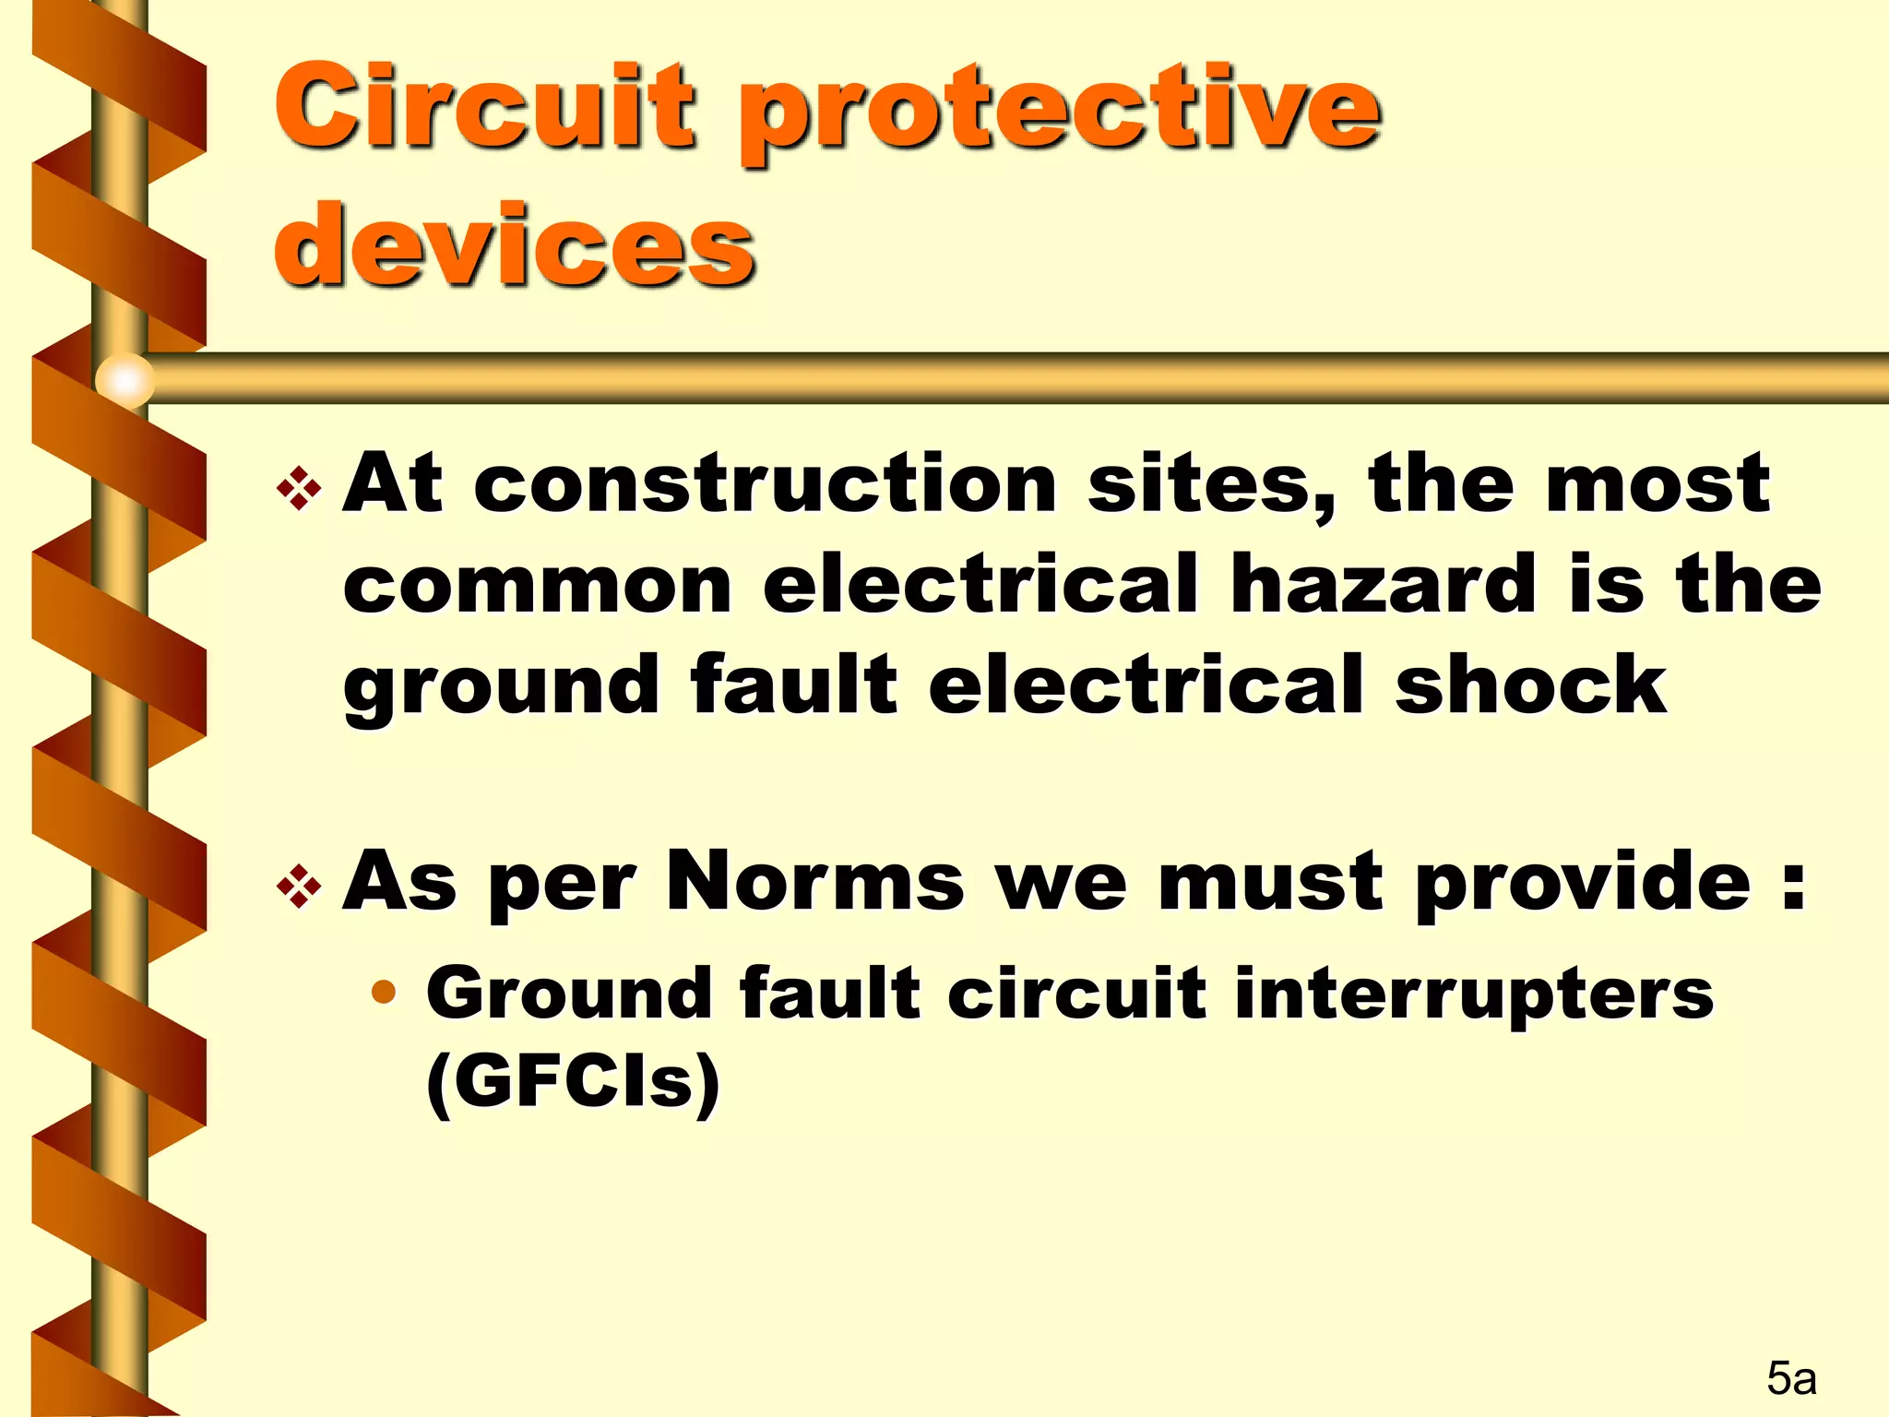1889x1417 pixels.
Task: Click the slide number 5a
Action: pos(1791,1378)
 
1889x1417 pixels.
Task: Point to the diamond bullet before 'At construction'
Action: pos(299,489)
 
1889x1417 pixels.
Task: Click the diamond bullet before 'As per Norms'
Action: pos(299,887)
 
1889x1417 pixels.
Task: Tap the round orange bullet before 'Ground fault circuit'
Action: pos(384,994)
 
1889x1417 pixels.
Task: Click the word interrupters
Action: pos(1473,994)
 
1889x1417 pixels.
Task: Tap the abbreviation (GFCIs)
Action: pos(573,1081)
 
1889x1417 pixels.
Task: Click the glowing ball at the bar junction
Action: pos(125,379)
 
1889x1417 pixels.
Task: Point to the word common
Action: pos(538,586)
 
